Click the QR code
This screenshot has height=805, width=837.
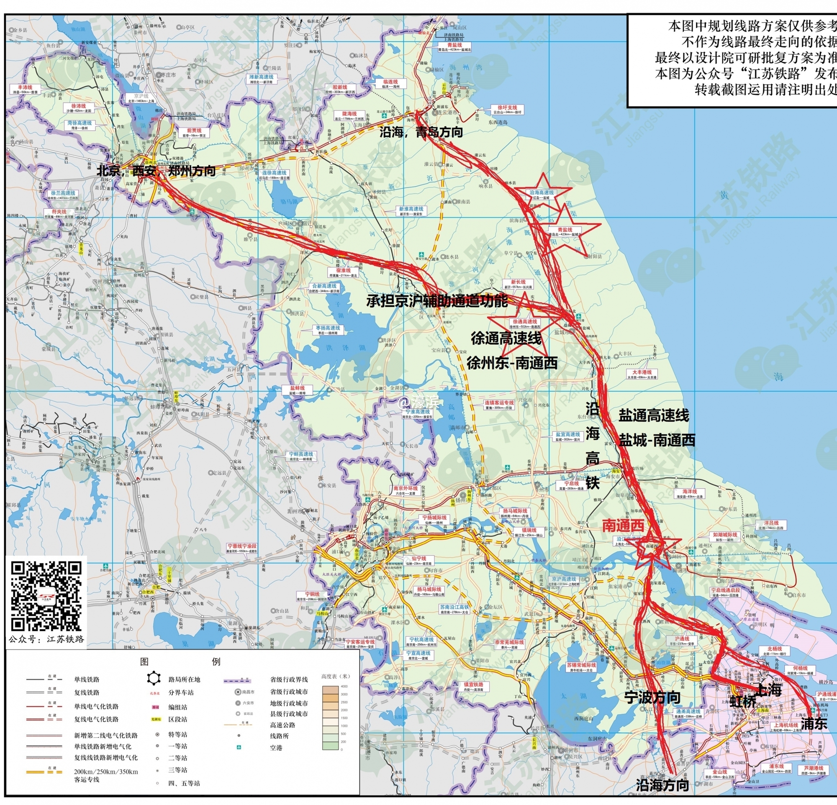click(x=46, y=597)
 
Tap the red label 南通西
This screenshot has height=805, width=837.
click(x=623, y=526)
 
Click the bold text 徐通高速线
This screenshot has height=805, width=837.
click(x=506, y=338)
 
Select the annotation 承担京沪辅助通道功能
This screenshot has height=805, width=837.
click(x=437, y=301)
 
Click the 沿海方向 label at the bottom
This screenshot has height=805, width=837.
click(x=662, y=784)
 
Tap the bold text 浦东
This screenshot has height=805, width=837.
click(x=814, y=723)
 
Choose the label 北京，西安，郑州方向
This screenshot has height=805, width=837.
click(x=156, y=171)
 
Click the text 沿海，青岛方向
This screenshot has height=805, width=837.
click(x=421, y=132)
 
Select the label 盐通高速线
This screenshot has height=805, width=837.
click(x=654, y=415)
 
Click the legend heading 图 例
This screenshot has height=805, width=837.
click(x=180, y=662)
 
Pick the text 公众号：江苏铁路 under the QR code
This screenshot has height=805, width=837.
click(x=46, y=639)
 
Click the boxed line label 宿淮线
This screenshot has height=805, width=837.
click(x=343, y=271)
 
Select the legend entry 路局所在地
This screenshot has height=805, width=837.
click(x=184, y=679)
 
